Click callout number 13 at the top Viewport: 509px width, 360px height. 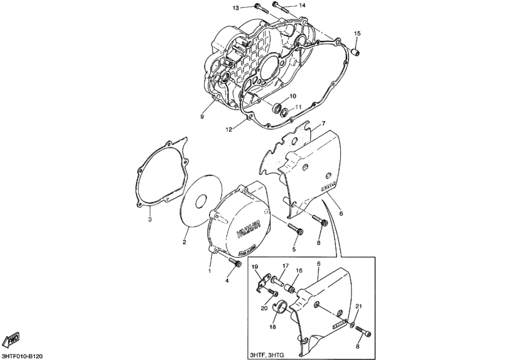pos(236,7)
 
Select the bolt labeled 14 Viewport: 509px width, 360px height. pos(281,6)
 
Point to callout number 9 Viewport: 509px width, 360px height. pos(202,117)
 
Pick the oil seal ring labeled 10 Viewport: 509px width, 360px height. pos(277,108)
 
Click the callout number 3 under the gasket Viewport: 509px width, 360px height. pos(150,220)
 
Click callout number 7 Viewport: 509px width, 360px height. pos(323,124)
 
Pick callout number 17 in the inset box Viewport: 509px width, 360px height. pos(286,265)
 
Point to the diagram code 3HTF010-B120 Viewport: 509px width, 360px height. pos(22,355)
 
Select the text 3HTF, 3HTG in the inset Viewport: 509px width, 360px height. pos(267,355)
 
